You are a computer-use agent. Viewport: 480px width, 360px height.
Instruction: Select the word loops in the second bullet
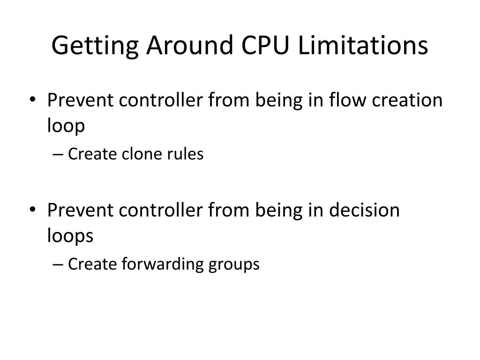pyautogui.click(x=70, y=236)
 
